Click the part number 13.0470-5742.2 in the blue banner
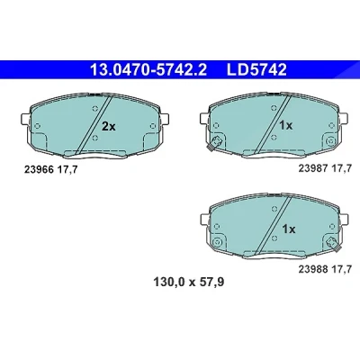148,70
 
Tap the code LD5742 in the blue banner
256,70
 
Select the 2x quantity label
108,127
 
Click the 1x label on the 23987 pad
285,125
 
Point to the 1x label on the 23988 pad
289,229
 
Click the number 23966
39,170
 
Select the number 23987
313,168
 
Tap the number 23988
313,269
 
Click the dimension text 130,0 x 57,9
189,282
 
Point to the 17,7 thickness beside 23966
67,170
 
